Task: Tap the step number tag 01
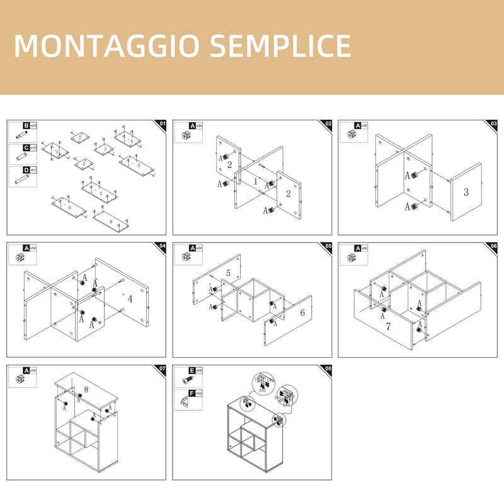pyautogui.click(x=161, y=123)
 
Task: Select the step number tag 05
pyautogui.click(x=328, y=246)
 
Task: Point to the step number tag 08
pyautogui.click(x=328, y=369)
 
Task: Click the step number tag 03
pyautogui.click(x=493, y=123)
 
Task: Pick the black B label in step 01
pyautogui.click(x=26, y=126)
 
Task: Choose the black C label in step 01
pyautogui.click(x=26, y=148)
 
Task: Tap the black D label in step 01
pyautogui.click(x=26, y=170)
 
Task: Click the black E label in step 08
pyautogui.click(x=192, y=370)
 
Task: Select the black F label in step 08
pyautogui.click(x=192, y=392)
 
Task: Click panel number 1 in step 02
pyautogui.click(x=256, y=181)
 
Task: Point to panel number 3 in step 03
pyautogui.click(x=466, y=192)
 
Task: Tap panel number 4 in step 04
pyautogui.click(x=130, y=299)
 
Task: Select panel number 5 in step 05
pyautogui.click(x=228, y=273)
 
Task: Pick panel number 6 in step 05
pyautogui.click(x=302, y=312)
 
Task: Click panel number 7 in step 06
pyautogui.click(x=388, y=326)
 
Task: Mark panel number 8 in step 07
pyautogui.click(x=86, y=389)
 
